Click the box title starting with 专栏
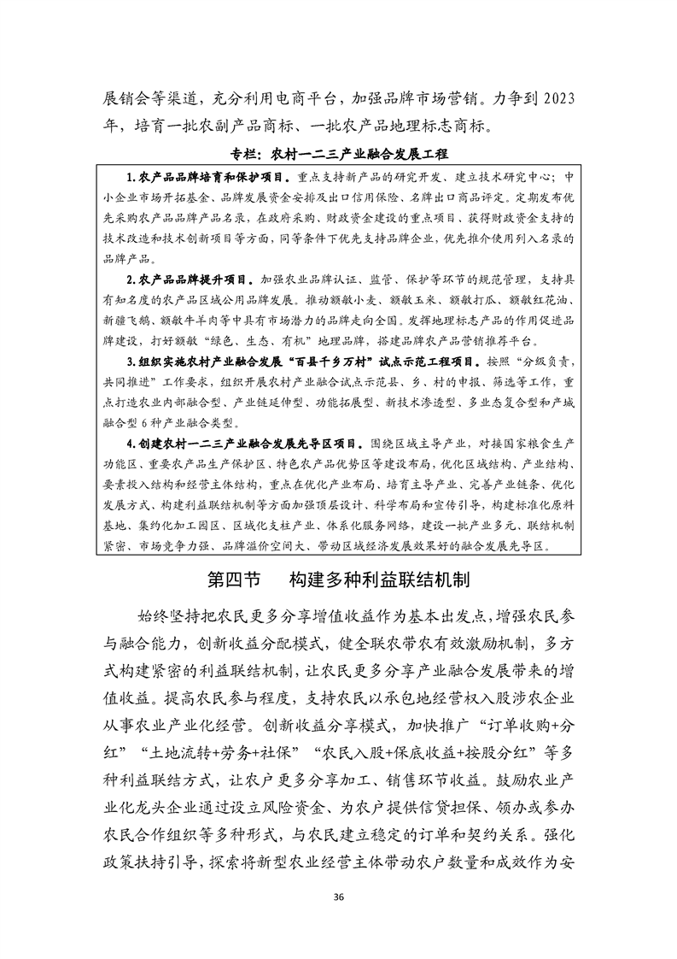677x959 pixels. tap(338, 155)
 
